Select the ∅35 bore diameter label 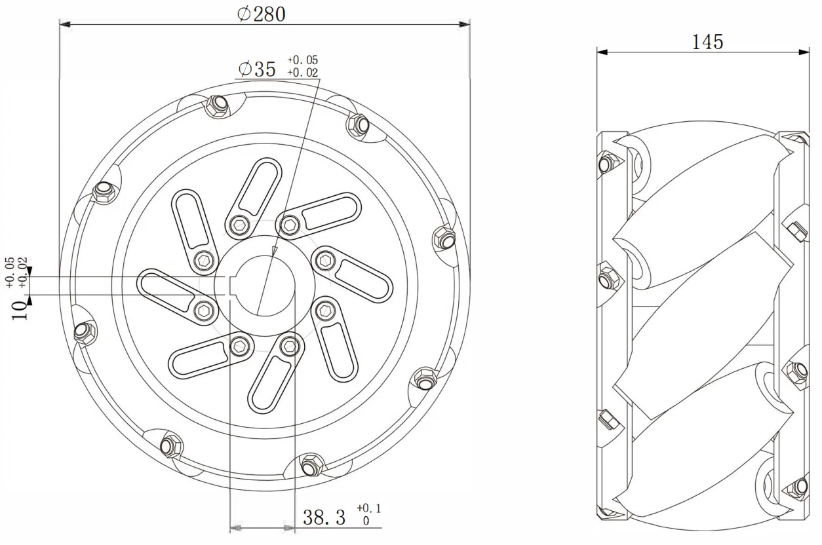258,69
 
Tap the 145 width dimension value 708,42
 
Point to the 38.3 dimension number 324,517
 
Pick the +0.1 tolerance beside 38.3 368,508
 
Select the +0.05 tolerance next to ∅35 302,60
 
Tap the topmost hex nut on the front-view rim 216,105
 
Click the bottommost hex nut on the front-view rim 310,466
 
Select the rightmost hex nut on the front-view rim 446,239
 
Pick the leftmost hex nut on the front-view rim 83,332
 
